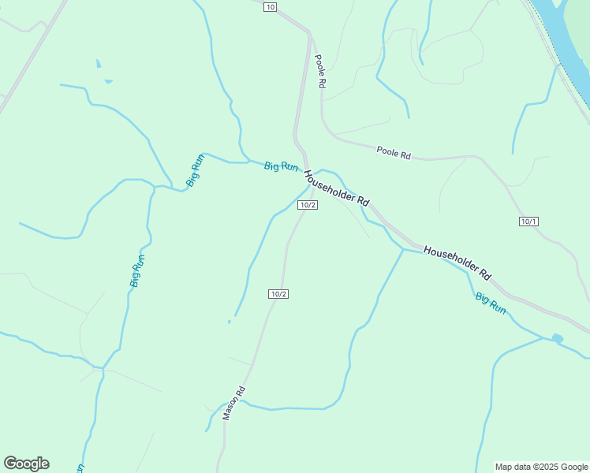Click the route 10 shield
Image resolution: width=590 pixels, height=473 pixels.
pyautogui.click(x=271, y=7)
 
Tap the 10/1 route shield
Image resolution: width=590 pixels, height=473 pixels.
pyautogui.click(x=528, y=222)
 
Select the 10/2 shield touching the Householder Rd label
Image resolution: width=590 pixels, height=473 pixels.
pyautogui.click(x=308, y=205)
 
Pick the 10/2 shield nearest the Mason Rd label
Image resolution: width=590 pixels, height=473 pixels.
pyautogui.click(x=278, y=294)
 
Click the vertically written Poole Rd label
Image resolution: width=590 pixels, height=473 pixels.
pyautogui.click(x=319, y=71)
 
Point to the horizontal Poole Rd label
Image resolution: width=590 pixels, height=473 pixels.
pyautogui.click(x=394, y=153)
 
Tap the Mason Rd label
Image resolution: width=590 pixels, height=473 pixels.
pyautogui.click(x=234, y=403)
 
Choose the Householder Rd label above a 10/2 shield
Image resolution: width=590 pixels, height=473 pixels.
pyautogui.click(x=337, y=188)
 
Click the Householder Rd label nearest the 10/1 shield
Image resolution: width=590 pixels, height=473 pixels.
pyautogui.click(x=457, y=263)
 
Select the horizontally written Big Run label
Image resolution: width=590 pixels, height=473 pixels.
pyautogui.click(x=282, y=166)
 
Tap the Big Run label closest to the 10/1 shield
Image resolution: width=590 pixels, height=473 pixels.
pyautogui.click(x=491, y=303)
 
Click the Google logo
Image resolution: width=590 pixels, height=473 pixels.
pyautogui.click(x=26, y=464)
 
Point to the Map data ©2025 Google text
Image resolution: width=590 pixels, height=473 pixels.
pyautogui.click(x=541, y=467)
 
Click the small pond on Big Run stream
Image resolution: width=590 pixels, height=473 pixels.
pyautogui.click(x=558, y=339)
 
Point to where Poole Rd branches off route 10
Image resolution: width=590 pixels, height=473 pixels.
pyautogui.click(x=310, y=35)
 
